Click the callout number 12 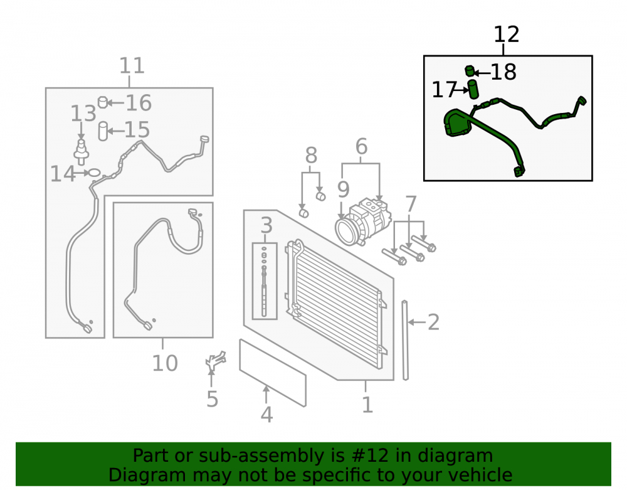(506, 35)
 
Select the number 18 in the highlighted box (503, 72)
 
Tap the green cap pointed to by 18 (470, 71)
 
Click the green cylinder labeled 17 (473, 89)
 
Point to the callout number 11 (132, 66)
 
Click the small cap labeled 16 (103, 102)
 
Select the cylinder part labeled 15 (103, 131)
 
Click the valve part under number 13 (81, 152)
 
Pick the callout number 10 (165, 363)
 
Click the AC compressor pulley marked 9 (346, 230)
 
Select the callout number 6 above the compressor (361, 147)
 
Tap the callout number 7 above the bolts (411, 205)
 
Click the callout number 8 (311, 155)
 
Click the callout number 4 (266, 415)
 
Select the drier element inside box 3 (264, 282)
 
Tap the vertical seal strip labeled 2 (405, 340)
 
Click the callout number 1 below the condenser (367, 405)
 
